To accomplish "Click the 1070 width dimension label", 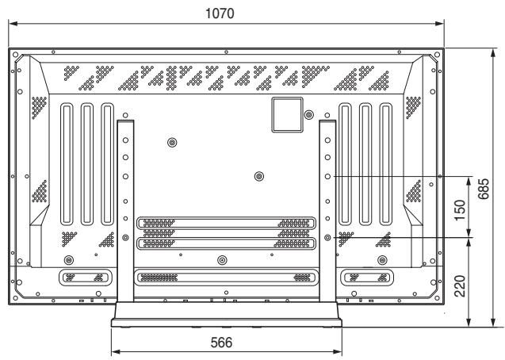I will click(225, 14).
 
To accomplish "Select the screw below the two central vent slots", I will click(221, 259).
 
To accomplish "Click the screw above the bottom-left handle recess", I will click(69, 259).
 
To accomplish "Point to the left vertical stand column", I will click(125, 210).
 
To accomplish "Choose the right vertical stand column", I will click(327, 210).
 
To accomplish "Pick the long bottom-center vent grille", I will click(225, 278).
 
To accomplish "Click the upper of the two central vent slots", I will click(225, 224).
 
